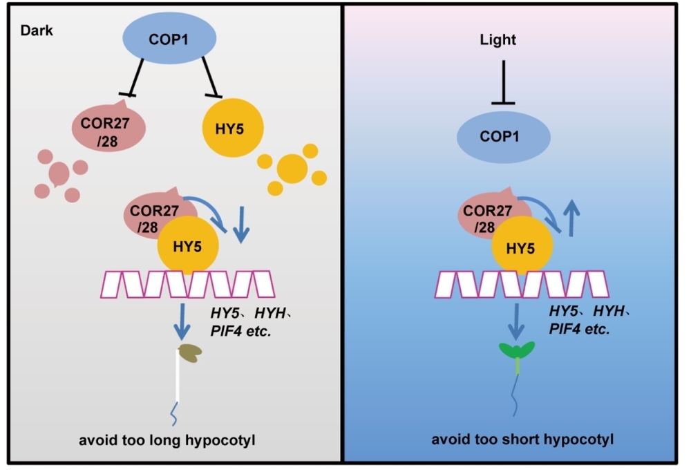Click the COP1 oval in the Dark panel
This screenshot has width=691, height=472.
(169, 39)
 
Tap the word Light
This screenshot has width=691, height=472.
(498, 40)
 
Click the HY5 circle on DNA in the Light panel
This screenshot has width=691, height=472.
(522, 246)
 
